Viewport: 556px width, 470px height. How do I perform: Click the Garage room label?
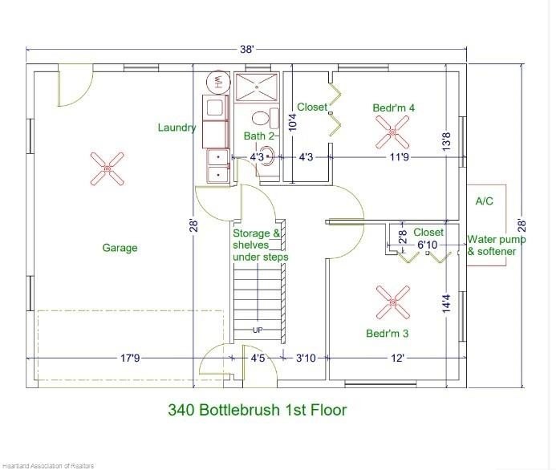coord(120,247)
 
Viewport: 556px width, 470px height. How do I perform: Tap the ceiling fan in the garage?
coord(107,169)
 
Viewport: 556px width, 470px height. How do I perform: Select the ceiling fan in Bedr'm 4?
coord(392,132)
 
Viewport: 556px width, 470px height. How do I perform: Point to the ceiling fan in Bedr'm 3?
coord(393,302)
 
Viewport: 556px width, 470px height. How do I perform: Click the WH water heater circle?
coord(218,82)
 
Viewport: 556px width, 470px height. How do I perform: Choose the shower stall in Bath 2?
coord(257,87)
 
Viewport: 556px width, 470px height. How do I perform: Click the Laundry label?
coord(177,128)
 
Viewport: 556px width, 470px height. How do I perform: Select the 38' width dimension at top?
coord(247,49)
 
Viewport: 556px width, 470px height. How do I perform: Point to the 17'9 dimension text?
coord(130,358)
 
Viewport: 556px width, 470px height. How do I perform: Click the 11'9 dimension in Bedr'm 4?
coord(400,156)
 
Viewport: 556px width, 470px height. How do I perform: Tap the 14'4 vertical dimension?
coord(446,304)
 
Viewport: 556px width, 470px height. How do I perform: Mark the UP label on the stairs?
coord(258,330)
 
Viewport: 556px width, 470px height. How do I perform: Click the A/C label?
coord(484,201)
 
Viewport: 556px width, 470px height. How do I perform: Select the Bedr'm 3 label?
coord(388,333)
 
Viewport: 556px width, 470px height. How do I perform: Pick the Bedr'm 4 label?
coord(394,107)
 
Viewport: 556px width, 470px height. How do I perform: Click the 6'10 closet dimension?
coord(428,245)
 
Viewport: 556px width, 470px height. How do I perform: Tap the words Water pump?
coord(497,240)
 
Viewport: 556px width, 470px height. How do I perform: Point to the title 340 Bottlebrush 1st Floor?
coord(257,410)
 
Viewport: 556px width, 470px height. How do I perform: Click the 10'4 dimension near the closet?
coord(293,122)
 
